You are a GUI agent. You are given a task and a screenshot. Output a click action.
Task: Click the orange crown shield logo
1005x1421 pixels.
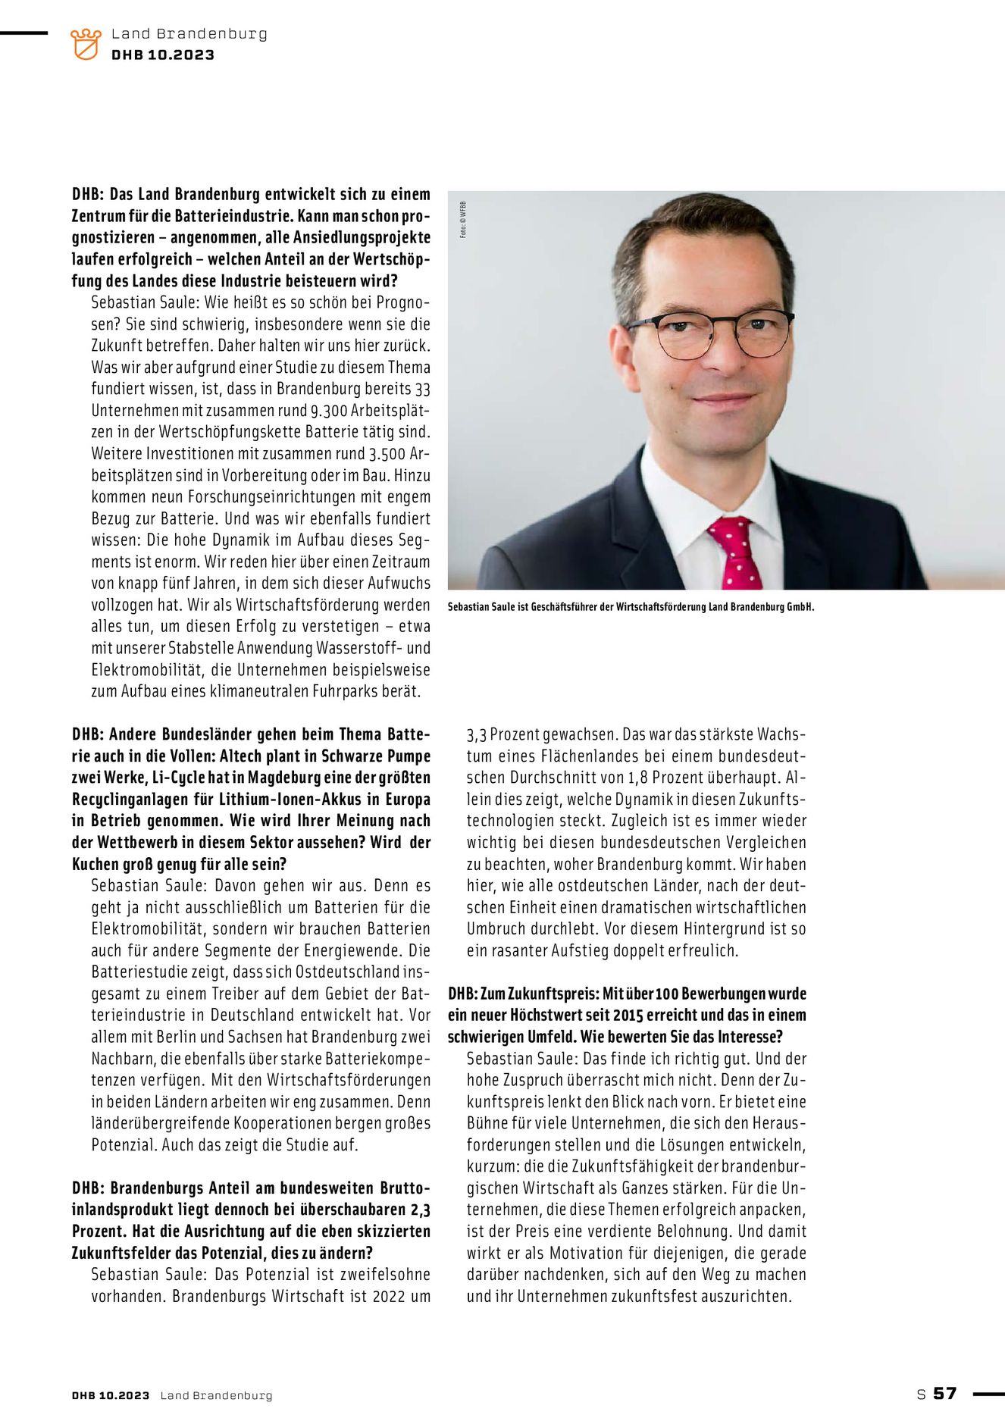pyautogui.click(x=86, y=44)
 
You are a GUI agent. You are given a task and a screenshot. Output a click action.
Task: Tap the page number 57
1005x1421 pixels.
pyautogui.click(x=944, y=1393)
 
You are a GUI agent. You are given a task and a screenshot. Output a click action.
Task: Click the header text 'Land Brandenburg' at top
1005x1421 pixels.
pyautogui.click(x=189, y=34)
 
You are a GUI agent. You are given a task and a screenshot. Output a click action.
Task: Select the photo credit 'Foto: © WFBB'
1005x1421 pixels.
pyautogui.click(x=463, y=220)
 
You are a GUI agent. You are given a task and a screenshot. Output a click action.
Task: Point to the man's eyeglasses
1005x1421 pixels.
pyautogui.click(x=709, y=333)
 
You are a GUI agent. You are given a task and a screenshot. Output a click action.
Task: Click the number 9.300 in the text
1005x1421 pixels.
pyautogui.click(x=329, y=411)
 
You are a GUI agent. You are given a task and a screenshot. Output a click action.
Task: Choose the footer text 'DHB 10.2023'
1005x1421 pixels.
pyautogui.click(x=111, y=1395)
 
